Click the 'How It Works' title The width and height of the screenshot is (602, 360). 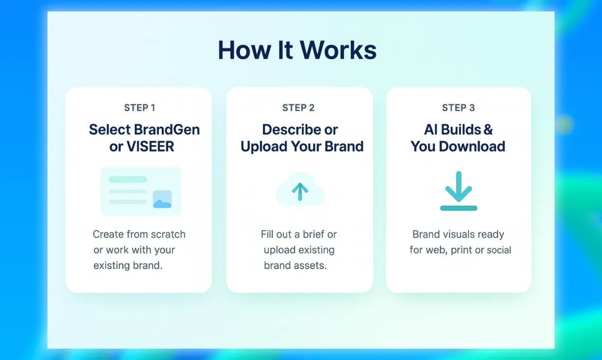pyautogui.click(x=297, y=50)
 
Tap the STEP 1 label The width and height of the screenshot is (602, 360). pyautogui.click(x=139, y=108)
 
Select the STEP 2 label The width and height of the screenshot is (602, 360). pyautogui.click(x=298, y=108)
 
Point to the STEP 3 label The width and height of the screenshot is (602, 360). pyautogui.click(x=458, y=108)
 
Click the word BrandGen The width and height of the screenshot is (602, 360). pyautogui.click(x=167, y=129)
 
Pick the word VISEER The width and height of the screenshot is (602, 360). pyautogui.click(x=150, y=147)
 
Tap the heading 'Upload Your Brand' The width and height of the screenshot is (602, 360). pyautogui.click(x=302, y=147)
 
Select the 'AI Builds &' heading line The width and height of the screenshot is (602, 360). pyautogui.click(x=458, y=129)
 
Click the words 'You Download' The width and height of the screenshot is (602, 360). pyautogui.click(x=458, y=147)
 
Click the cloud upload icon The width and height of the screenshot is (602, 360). pyautogui.click(x=300, y=189)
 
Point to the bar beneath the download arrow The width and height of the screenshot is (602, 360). pyautogui.click(x=458, y=208)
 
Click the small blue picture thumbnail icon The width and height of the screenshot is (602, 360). pyautogui.click(x=162, y=199)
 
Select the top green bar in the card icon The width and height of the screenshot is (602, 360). pyautogui.click(x=128, y=180)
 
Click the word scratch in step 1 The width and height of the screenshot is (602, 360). pyautogui.click(x=168, y=234)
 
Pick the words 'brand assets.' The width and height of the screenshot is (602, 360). pyautogui.click(x=295, y=265)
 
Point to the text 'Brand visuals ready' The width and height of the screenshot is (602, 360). pyautogui.click(x=458, y=234)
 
